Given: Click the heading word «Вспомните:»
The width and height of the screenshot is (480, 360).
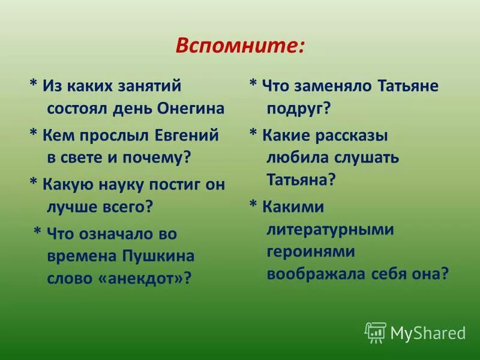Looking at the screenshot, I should click(x=239, y=46).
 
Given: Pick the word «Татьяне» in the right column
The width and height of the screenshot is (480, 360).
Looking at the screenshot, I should click(x=408, y=86).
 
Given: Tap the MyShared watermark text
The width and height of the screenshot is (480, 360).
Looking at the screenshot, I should click(x=428, y=332).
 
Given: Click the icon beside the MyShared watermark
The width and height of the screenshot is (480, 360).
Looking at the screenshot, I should click(x=376, y=332).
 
